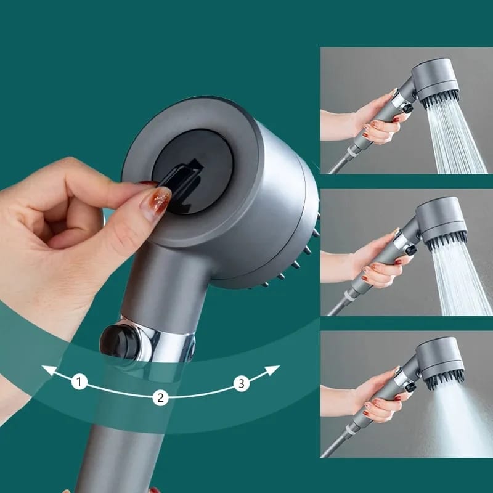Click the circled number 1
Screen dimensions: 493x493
click(x=79, y=382)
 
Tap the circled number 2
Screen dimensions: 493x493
click(x=160, y=397)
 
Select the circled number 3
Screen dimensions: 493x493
click(x=242, y=384)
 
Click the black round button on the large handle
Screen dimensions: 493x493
click(x=114, y=338)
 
